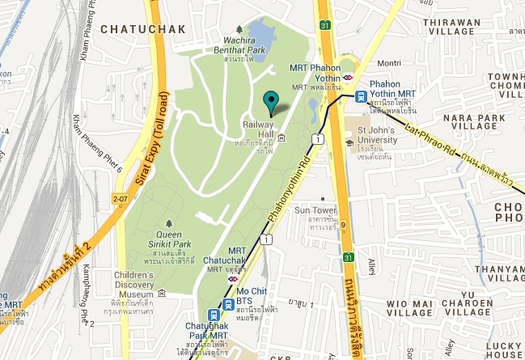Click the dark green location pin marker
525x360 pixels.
click(271, 102)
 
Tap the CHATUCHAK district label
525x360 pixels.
click(144, 28)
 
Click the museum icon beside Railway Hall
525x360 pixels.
click(281, 138)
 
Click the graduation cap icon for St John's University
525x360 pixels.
click(349, 143)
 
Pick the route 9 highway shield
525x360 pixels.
click(343, 227)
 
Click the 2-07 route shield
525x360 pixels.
click(121, 197)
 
